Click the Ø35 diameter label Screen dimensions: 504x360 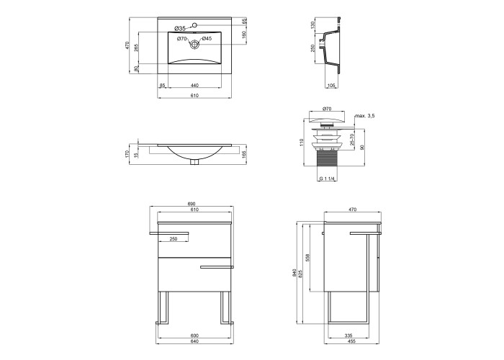[180, 28]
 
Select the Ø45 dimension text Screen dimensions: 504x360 [207, 39]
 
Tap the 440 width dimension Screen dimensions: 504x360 [194, 85]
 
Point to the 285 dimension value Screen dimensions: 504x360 [136, 48]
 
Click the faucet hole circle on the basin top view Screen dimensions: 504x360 [194, 24]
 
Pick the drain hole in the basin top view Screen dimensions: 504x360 [194, 45]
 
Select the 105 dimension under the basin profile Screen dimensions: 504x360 [331, 85]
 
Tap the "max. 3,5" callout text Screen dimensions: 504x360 [365, 116]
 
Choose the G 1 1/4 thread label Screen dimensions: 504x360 [328, 179]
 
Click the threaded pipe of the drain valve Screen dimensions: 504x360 [326, 158]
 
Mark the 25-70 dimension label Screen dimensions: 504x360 [352, 140]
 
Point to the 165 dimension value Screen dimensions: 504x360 [243, 154]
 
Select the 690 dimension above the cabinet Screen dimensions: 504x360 [192, 204]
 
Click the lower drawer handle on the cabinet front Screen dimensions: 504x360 [217, 267]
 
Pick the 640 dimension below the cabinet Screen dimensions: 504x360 [195, 341]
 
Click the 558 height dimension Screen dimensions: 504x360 [307, 258]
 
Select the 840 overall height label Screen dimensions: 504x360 [294, 273]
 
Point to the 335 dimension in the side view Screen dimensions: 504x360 [348, 336]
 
